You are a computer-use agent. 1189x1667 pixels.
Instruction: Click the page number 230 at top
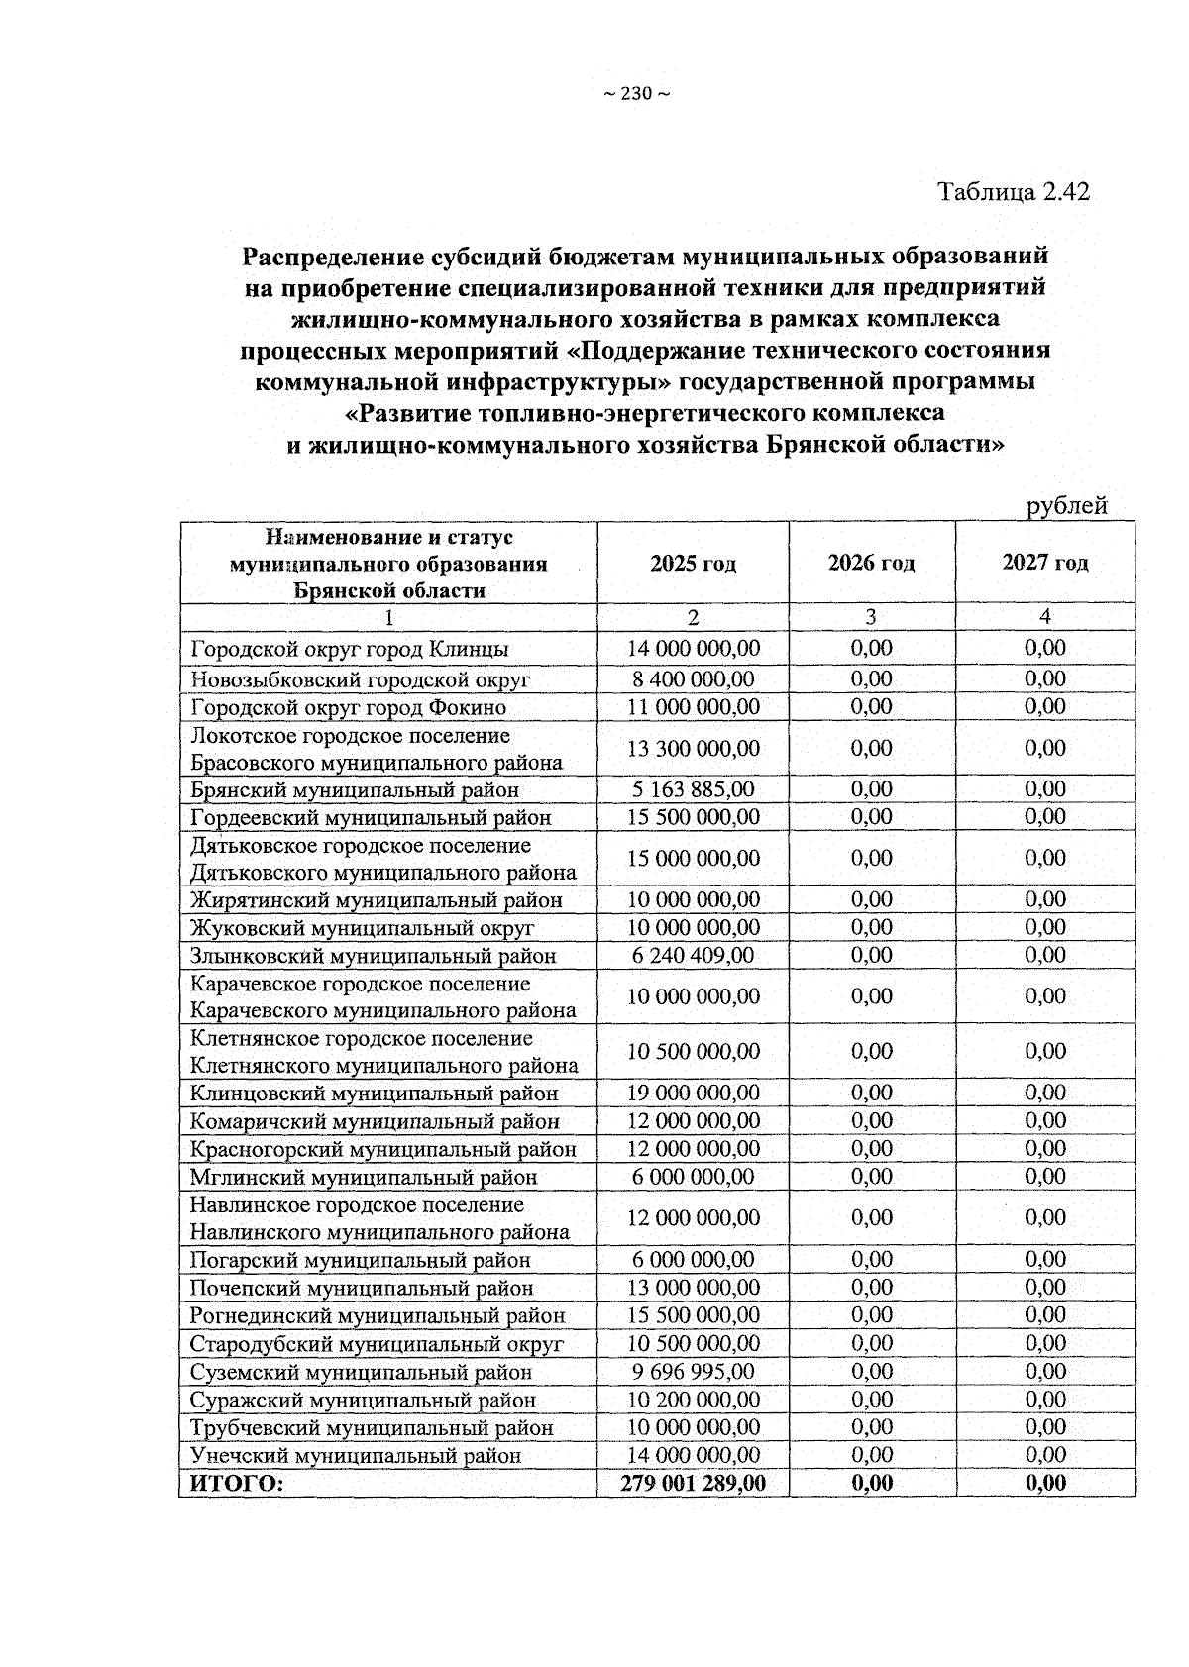coord(635,94)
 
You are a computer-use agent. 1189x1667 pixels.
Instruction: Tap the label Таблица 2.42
coord(1014,191)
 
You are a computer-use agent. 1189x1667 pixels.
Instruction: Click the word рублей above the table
coord(1066,506)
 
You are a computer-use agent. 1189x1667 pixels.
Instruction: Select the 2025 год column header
coord(693,564)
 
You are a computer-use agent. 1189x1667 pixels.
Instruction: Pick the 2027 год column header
coord(1044,563)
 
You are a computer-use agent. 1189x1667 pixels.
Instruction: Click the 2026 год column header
coord(871,564)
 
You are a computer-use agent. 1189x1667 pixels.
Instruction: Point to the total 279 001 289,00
coord(693,1483)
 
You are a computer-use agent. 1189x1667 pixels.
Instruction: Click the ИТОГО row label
coord(236,1483)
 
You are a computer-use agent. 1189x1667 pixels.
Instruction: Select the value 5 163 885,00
coord(693,789)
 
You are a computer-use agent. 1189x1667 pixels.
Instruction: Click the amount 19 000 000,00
coord(693,1093)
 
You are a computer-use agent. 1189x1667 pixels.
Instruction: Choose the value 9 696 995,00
coord(693,1371)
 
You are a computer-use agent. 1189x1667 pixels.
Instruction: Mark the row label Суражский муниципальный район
coord(363,1400)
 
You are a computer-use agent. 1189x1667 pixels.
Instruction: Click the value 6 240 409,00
coord(693,955)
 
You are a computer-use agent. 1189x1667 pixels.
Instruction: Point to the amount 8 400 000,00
coord(693,678)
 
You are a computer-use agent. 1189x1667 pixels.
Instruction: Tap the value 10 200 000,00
coord(693,1399)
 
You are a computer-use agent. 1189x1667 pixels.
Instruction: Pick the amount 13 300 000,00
coord(693,748)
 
